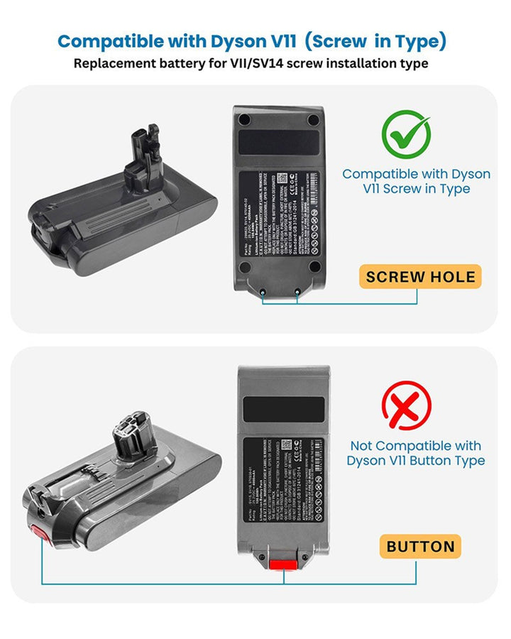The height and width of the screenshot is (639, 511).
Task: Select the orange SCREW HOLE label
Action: pyautogui.click(x=420, y=276)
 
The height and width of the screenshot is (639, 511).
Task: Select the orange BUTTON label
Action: pyautogui.click(x=420, y=546)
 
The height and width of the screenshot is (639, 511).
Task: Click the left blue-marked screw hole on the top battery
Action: pyautogui.click(x=263, y=292)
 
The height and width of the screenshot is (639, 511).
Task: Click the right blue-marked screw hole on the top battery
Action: pyautogui.click(x=297, y=292)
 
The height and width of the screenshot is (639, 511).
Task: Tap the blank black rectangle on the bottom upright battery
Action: pyautogui.click(x=283, y=410)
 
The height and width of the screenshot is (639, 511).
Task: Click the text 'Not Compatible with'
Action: pyautogui.click(x=415, y=446)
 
